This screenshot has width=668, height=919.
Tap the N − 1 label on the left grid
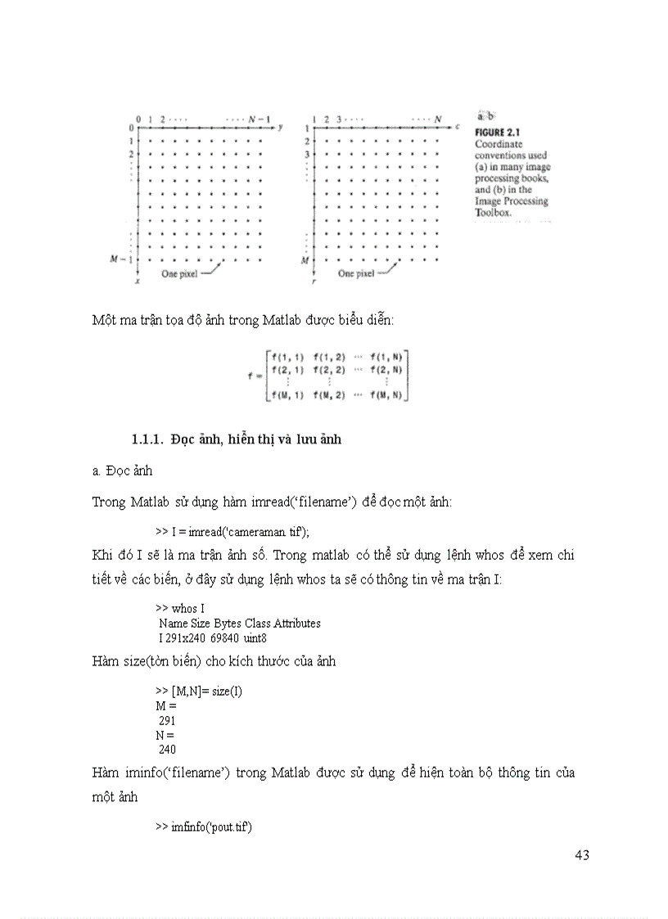(x=260, y=119)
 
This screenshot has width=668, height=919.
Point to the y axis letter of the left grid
(x=280, y=128)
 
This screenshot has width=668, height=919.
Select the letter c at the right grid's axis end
(x=458, y=128)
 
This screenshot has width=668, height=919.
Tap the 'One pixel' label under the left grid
(x=179, y=274)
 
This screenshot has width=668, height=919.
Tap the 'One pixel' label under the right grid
(x=356, y=274)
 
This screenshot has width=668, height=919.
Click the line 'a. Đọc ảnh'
(x=122, y=471)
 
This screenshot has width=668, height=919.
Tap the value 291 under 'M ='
(x=168, y=721)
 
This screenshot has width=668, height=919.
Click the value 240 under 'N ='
(x=168, y=749)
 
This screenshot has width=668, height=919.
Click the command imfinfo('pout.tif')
(x=205, y=827)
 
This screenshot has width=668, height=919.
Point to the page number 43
(x=582, y=855)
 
